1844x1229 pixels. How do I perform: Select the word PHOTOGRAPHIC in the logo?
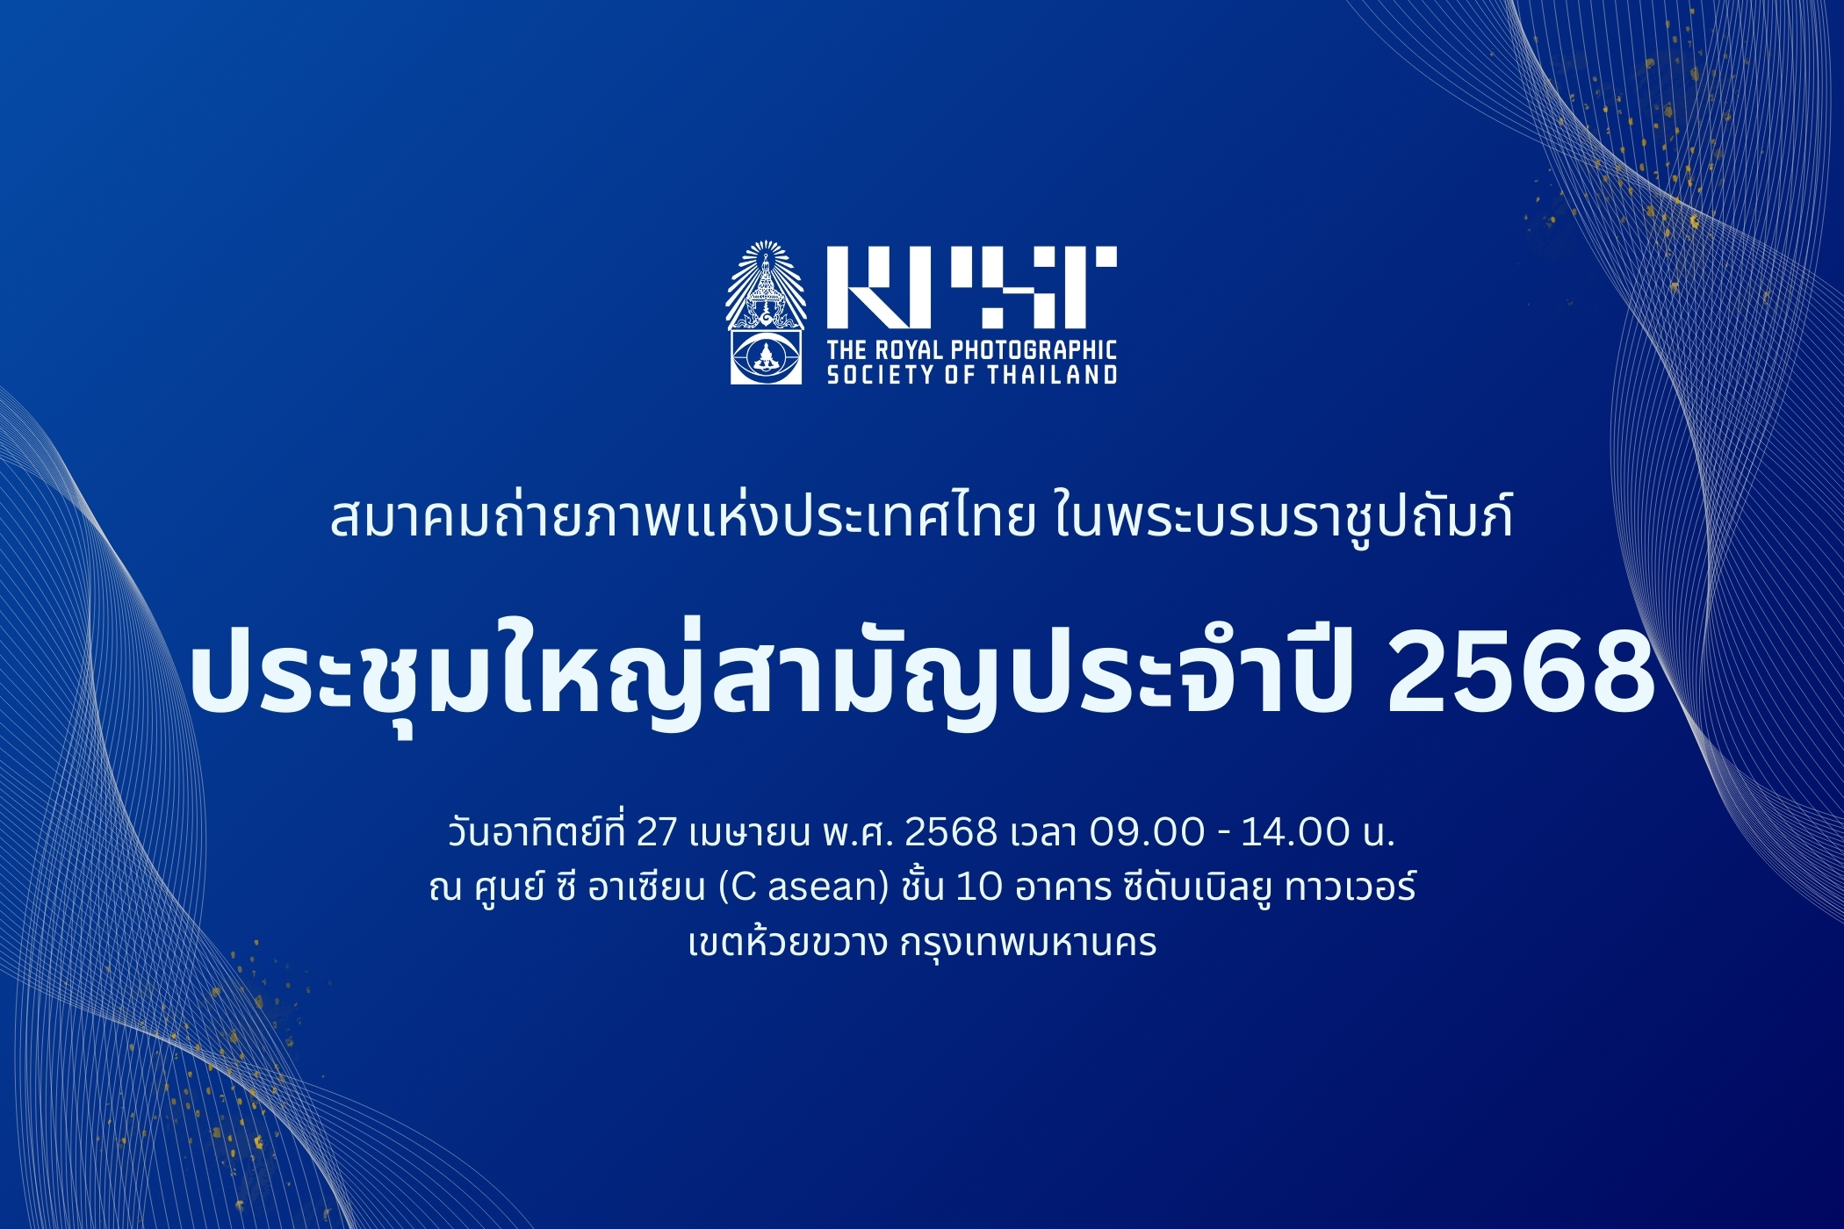tap(1034, 350)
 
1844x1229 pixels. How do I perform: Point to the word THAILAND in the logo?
tap(1051, 375)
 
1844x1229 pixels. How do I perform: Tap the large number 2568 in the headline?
tap(1520, 674)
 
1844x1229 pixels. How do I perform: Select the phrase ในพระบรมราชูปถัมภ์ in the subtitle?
tap(1284, 516)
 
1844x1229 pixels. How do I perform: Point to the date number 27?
tap(656, 832)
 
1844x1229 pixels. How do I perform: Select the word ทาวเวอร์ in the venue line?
tap(1351, 886)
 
